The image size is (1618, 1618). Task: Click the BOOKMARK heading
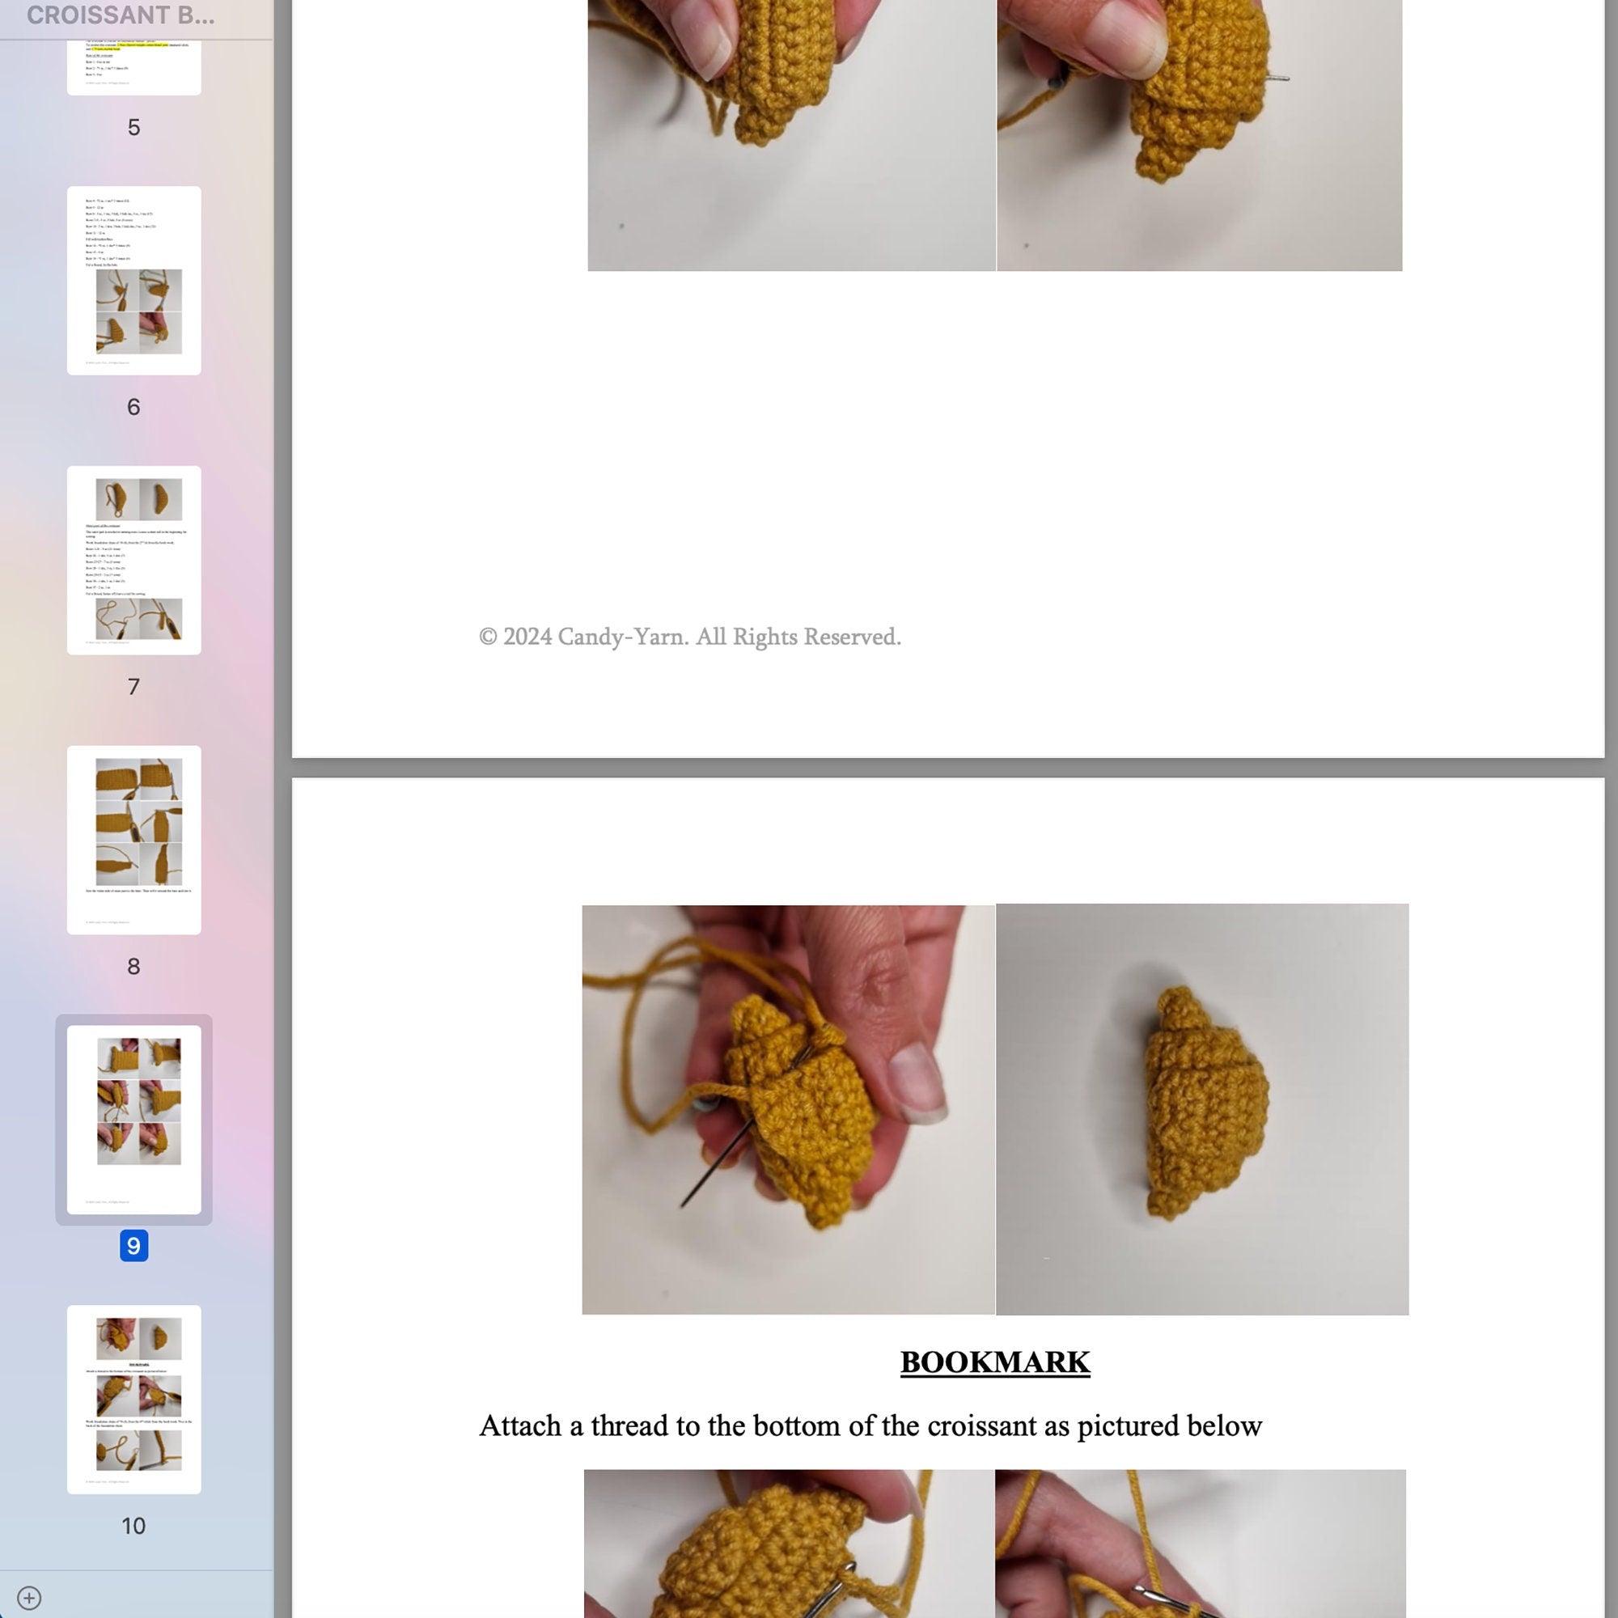click(x=994, y=1362)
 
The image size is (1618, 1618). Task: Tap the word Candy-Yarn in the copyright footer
click(x=622, y=637)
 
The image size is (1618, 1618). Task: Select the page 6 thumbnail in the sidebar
click(x=134, y=281)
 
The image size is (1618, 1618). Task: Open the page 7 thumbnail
click(x=134, y=561)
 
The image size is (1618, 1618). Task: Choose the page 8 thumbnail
click(x=134, y=840)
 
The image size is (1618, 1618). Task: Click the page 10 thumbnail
click(x=134, y=1400)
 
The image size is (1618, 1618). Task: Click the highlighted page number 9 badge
click(x=134, y=1246)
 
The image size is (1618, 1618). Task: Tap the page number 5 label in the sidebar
click(x=134, y=127)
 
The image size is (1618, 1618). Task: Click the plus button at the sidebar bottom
click(x=29, y=1598)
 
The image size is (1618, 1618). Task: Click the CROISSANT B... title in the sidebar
click(x=121, y=15)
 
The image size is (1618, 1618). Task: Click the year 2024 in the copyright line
click(x=527, y=637)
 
